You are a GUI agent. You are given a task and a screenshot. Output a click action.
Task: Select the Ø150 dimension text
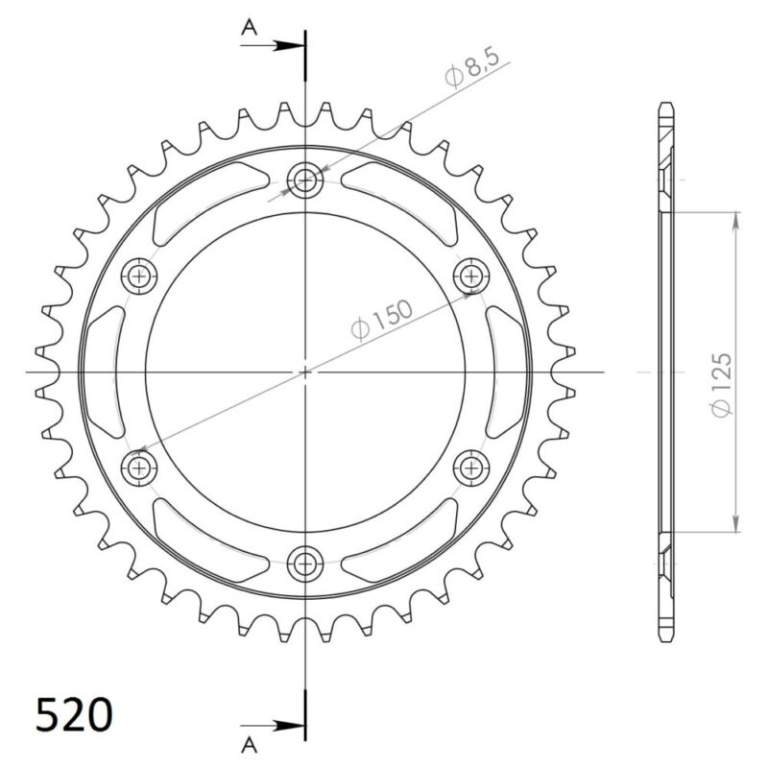[x=381, y=319]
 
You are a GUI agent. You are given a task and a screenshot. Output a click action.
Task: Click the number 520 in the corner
[x=74, y=715]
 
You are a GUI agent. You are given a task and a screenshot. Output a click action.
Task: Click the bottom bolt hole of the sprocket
[x=306, y=561]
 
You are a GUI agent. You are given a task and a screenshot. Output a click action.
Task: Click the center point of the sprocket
[x=306, y=372]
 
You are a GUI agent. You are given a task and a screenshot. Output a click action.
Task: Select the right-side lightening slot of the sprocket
[x=507, y=372]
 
